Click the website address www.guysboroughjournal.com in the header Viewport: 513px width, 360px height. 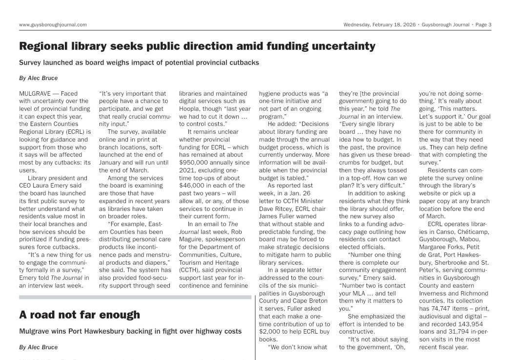point(53,24)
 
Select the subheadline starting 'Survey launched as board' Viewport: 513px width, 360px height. point(139,63)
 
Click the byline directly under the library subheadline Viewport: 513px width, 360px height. point(38,78)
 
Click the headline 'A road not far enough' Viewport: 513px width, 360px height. point(80,315)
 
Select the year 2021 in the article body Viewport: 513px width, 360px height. point(188,170)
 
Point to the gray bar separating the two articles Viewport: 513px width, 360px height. point(135,296)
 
